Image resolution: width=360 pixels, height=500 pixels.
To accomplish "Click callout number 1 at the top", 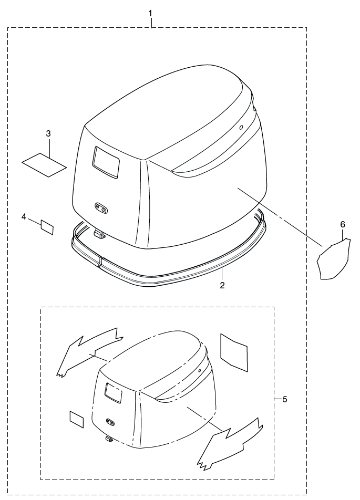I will [151, 12].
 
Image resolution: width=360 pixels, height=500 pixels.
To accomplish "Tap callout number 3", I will [48, 133].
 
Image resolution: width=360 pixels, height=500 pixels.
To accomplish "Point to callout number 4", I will [24, 216].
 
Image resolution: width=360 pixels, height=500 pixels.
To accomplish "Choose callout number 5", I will [285, 399].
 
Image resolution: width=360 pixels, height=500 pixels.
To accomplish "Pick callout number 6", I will [342, 224].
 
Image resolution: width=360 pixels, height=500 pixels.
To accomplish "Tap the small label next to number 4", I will [47, 227].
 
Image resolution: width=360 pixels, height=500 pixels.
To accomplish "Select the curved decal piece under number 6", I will [332, 261].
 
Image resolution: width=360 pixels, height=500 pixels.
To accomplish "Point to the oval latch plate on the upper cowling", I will [101, 209].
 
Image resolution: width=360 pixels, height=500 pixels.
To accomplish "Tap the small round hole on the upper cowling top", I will [242, 127].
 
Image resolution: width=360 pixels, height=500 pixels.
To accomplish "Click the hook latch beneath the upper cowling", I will [99, 233].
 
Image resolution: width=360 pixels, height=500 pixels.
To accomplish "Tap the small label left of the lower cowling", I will [77, 419].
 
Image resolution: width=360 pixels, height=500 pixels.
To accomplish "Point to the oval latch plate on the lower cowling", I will [110, 421].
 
